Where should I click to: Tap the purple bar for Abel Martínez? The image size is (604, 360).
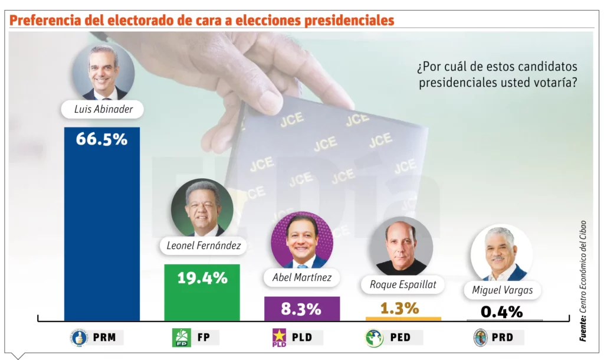click(x=301, y=309)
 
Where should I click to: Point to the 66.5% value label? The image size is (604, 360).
click(x=101, y=139)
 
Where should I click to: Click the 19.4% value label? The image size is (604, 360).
click(x=202, y=278)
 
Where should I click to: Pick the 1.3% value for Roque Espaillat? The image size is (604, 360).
click(x=403, y=308)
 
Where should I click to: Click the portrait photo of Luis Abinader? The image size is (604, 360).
click(x=103, y=72)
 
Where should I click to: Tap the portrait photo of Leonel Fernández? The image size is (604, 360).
click(x=202, y=208)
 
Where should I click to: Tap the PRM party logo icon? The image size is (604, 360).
click(x=79, y=338)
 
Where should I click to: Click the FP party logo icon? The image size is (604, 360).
click(x=180, y=338)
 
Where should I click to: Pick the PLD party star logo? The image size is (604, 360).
click(x=278, y=338)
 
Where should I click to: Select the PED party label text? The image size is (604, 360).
click(x=400, y=338)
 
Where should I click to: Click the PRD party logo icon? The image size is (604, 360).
click(x=481, y=338)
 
